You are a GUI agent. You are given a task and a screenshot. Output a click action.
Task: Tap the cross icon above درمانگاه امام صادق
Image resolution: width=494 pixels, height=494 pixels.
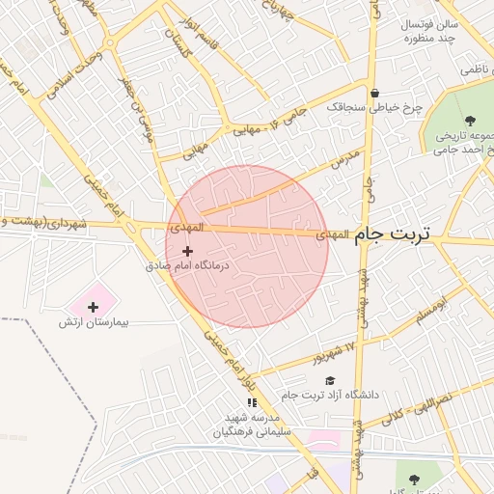[x=187, y=251]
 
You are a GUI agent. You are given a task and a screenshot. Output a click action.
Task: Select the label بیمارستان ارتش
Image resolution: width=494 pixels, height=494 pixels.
[x=93, y=322]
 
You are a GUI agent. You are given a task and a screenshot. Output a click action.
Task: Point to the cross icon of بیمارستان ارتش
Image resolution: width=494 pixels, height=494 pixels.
[x=93, y=308]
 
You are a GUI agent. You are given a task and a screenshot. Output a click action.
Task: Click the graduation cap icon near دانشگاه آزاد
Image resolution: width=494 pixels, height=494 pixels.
[x=330, y=381]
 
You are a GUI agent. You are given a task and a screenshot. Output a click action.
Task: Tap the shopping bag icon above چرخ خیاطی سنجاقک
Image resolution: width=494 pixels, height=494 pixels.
[x=373, y=94]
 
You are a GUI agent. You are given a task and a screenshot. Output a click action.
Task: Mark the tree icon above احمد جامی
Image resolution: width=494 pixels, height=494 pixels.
[x=469, y=121]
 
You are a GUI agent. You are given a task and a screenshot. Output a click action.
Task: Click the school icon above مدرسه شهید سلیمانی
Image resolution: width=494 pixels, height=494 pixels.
[x=252, y=402]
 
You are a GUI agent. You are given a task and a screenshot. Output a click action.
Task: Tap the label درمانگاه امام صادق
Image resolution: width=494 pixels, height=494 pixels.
[x=187, y=264]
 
